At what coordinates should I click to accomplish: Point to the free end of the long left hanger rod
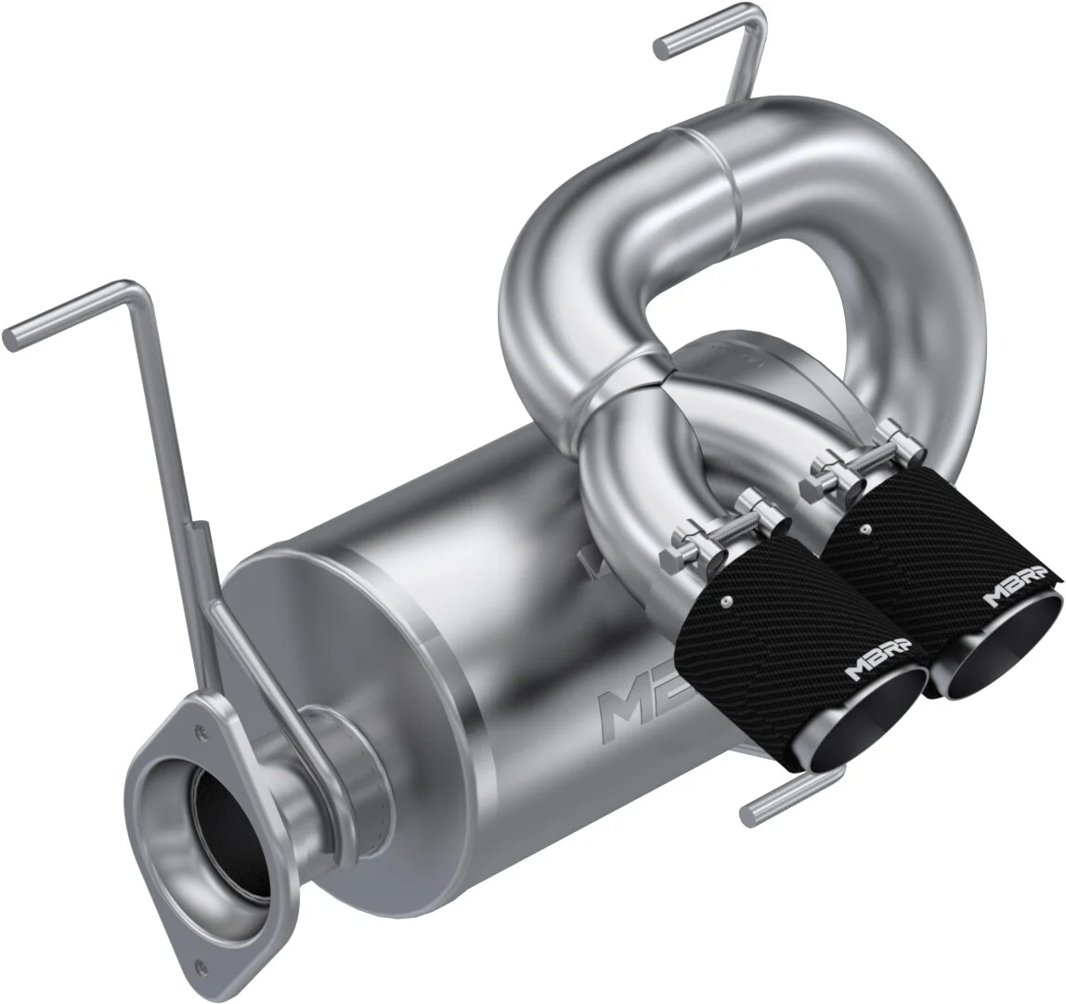click(x=13, y=333)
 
